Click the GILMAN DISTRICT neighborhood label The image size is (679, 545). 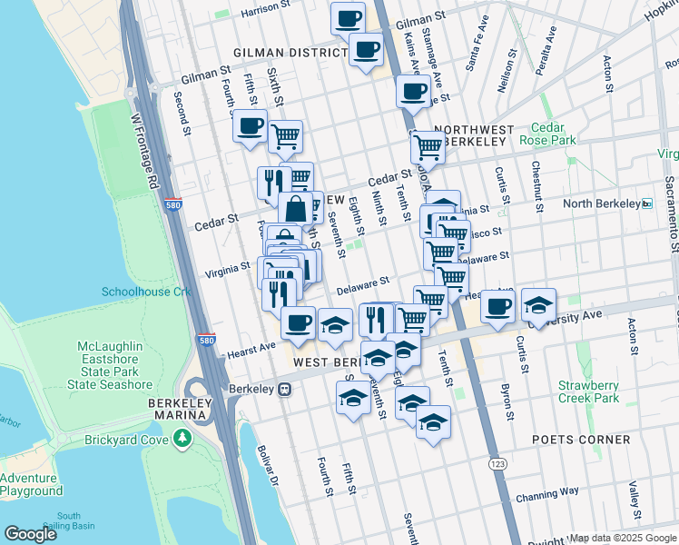tap(290, 54)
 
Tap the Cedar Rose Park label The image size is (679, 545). tap(548, 134)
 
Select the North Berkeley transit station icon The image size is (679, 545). tap(647, 203)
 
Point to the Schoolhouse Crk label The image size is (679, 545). tap(146, 292)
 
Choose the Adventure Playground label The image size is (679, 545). tap(32, 484)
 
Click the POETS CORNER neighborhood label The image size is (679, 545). tap(581, 440)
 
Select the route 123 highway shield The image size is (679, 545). tap(497, 465)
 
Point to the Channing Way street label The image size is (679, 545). tap(546, 496)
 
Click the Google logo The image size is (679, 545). tap(31, 534)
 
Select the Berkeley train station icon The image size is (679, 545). tap(284, 389)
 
